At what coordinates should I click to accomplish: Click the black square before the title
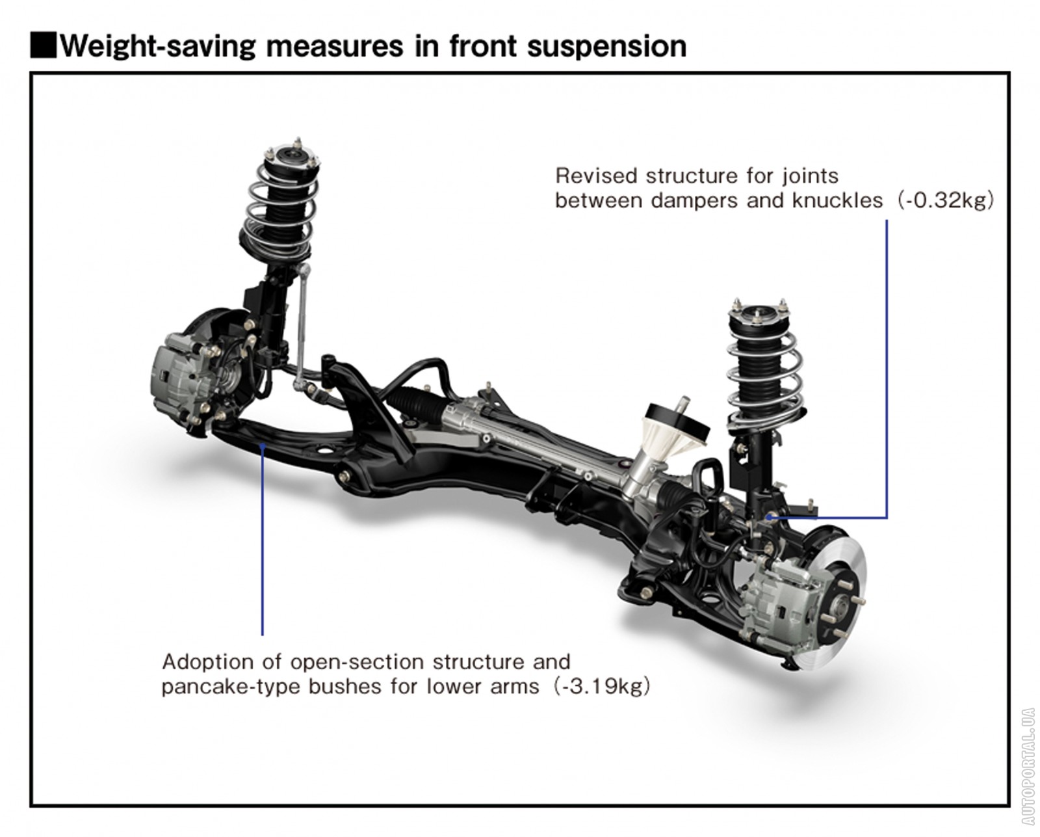[x=44, y=46]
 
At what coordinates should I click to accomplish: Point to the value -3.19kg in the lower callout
[x=601, y=686]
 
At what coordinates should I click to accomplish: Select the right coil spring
[x=764, y=377]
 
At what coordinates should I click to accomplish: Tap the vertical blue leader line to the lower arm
[x=262, y=540]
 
